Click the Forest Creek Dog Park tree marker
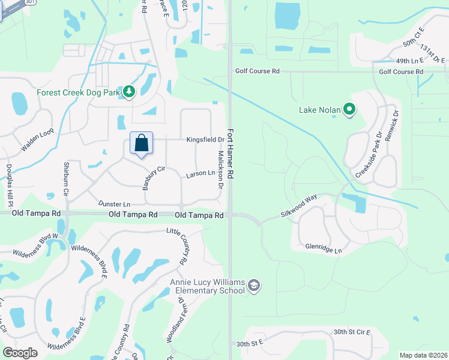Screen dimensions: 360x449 tap(128, 92)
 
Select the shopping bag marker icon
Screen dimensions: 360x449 tap(141, 143)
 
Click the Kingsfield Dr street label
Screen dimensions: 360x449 tap(205, 140)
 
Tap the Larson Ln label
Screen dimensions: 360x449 tap(200, 173)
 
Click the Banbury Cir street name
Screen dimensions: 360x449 tap(154, 178)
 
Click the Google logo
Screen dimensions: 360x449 tap(20, 353)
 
